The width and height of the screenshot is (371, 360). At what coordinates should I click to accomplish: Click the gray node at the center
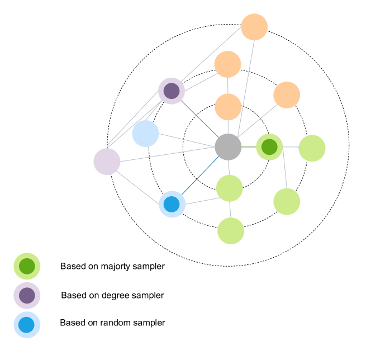point(228,147)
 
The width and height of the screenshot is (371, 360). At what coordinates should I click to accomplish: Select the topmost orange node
point(254,27)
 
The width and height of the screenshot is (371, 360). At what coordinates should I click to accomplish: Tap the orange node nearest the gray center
point(228,107)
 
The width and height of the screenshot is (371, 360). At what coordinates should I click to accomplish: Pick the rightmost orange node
point(287,94)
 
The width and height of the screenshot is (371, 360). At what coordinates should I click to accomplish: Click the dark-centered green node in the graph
point(269,147)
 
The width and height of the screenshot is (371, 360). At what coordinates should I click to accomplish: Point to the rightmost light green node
point(312,148)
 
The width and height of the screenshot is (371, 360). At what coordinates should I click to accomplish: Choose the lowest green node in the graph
point(231,231)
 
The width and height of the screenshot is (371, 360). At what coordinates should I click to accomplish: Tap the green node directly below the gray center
point(229,188)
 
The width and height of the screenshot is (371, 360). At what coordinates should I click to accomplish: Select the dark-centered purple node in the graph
point(172,91)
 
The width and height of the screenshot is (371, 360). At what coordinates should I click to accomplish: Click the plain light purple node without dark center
point(107,162)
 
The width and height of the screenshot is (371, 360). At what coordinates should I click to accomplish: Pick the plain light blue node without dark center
point(146,134)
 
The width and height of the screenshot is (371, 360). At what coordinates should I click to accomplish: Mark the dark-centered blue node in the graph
point(172,204)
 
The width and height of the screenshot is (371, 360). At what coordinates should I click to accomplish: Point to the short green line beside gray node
point(249,147)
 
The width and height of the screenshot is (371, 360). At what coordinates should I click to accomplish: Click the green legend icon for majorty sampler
point(27,267)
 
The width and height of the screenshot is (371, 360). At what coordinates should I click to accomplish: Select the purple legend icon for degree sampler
point(27,295)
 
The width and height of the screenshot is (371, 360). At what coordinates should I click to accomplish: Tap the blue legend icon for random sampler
point(27,324)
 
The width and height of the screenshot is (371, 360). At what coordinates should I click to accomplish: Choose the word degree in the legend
point(117,295)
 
